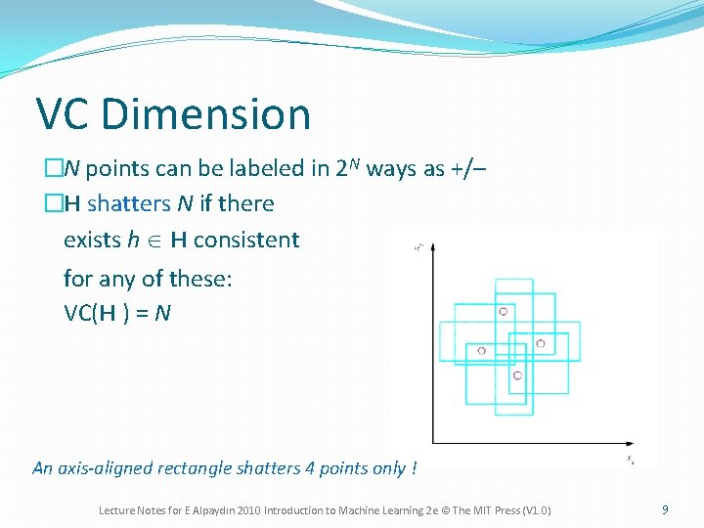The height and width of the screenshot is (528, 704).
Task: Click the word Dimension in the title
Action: click(205, 114)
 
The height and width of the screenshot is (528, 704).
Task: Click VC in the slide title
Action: click(65, 114)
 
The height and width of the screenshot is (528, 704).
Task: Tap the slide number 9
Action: click(665, 509)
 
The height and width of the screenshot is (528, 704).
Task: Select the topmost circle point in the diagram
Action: click(504, 311)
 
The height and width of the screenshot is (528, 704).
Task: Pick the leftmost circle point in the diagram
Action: click(482, 350)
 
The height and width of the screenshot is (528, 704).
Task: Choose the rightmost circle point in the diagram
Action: click(540, 343)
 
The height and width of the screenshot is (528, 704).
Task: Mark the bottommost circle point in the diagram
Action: click(517, 375)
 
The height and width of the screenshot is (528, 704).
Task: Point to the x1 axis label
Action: click(631, 458)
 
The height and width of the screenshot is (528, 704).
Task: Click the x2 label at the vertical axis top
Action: click(418, 246)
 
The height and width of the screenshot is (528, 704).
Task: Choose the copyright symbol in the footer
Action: click(453, 510)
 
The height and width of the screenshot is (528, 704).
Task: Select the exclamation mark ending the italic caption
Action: click(415, 468)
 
